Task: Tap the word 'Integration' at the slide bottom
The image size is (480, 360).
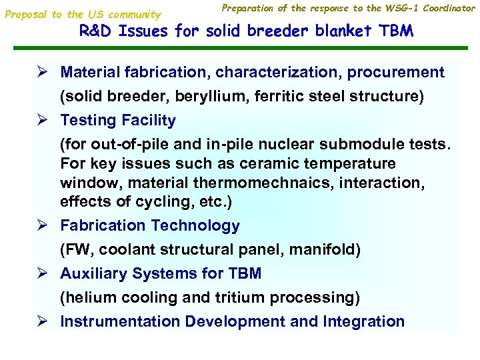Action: [364, 321]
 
